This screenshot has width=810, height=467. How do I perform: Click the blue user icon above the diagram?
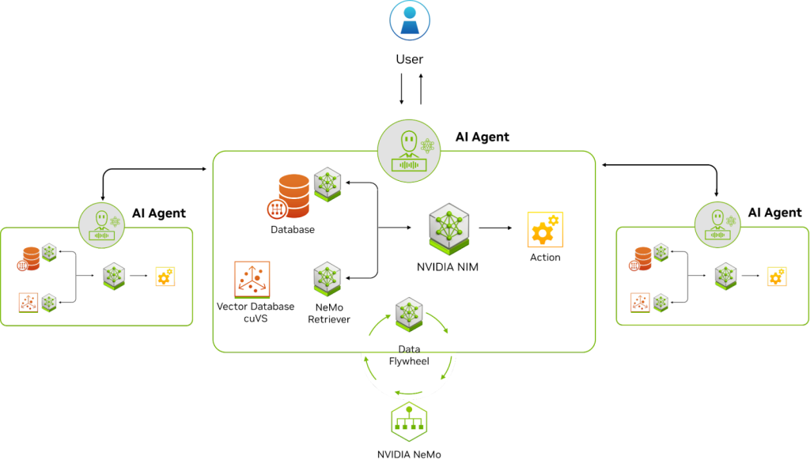pyautogui.click(x=410, y=21)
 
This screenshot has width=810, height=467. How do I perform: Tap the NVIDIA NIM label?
pyautogui.click(x=448, y=267)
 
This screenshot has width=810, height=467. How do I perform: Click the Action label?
pyautogui.click(x=545, y=258)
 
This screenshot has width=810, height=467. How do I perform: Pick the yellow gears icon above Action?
pyautogui.click(x=545, y=229)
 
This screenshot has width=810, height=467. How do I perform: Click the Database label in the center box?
pyautogui.click(x=293, y=230)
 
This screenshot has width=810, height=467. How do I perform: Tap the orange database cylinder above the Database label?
pyautogui.click(x=292, y=195)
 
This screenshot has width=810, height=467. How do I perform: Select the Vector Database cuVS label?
pyautogui.click(x=255, y=311)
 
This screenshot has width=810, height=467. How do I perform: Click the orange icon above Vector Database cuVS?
pyautogui.click(x=252, y=279)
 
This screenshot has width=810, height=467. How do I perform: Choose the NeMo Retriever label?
pyautogui.click(x=327, y=313)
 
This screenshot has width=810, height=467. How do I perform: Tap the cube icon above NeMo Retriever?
pyautogui.click(x=327, y=279)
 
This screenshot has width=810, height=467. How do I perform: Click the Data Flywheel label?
pyautogui.click(x=409, y=356)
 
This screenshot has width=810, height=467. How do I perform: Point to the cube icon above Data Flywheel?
pyautogui.click(x=409, y=314)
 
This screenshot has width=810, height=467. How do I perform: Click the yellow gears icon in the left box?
pyautogui.click(x=165, y=277)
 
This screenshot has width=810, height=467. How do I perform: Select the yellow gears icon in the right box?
pyautogui.click(x=778, y=277)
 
